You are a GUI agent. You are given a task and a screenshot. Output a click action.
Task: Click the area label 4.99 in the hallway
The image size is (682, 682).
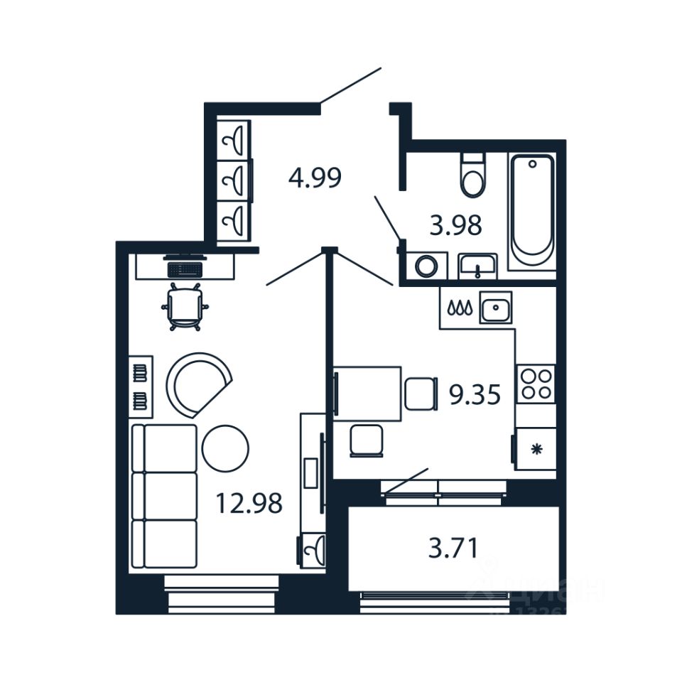pos(315,177)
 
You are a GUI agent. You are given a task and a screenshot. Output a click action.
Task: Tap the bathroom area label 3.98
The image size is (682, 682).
pos(455,226)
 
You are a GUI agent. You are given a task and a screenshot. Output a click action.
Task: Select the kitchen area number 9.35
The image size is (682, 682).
pos(475,394)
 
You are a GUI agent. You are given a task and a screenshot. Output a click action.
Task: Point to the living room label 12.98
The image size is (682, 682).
pos(249,504)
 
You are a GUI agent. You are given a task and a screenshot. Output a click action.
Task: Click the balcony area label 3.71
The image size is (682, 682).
pos(453,548)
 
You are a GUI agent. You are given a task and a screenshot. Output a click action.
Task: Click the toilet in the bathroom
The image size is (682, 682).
pos(472,175)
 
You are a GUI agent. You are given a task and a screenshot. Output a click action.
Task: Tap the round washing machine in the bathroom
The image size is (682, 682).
pos(426,266)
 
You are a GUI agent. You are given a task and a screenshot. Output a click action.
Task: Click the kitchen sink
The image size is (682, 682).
pos(495,308)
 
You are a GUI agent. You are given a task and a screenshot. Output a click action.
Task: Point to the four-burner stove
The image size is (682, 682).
pos(534,384)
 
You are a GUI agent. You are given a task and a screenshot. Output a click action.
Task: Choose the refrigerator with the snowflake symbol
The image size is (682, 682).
pos(535,448)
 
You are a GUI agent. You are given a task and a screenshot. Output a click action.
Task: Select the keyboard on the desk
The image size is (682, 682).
pos(185,269)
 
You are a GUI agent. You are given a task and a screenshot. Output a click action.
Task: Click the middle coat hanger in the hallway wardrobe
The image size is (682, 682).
pos(234,182)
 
